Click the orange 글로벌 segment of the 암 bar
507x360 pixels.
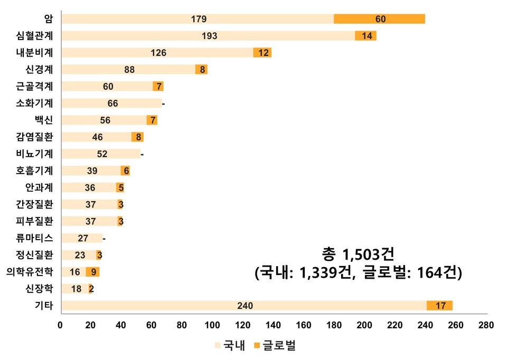pyautogui.click(x=379, y=19)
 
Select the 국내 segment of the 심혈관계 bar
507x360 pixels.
pyautogui.click(x=208, y=36)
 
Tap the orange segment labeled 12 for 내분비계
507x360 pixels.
pyautogui.click(x=262, y=53)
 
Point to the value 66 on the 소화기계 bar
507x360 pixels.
pyautogui.click(x=113, y=103)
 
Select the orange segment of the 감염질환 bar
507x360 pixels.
pyautogui.click(x=138, y=137)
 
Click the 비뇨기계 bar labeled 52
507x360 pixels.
pyautogui.click(x=101, y=154)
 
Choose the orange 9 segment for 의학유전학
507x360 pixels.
pyautogui.click(x=93, y=272)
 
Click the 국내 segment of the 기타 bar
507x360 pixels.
pyautogui.click(x=245, y=306)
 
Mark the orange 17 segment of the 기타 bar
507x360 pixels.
pyautogui.click(x=439, y=306)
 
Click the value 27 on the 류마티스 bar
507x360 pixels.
pyautogui.click(x=83, y=238)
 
